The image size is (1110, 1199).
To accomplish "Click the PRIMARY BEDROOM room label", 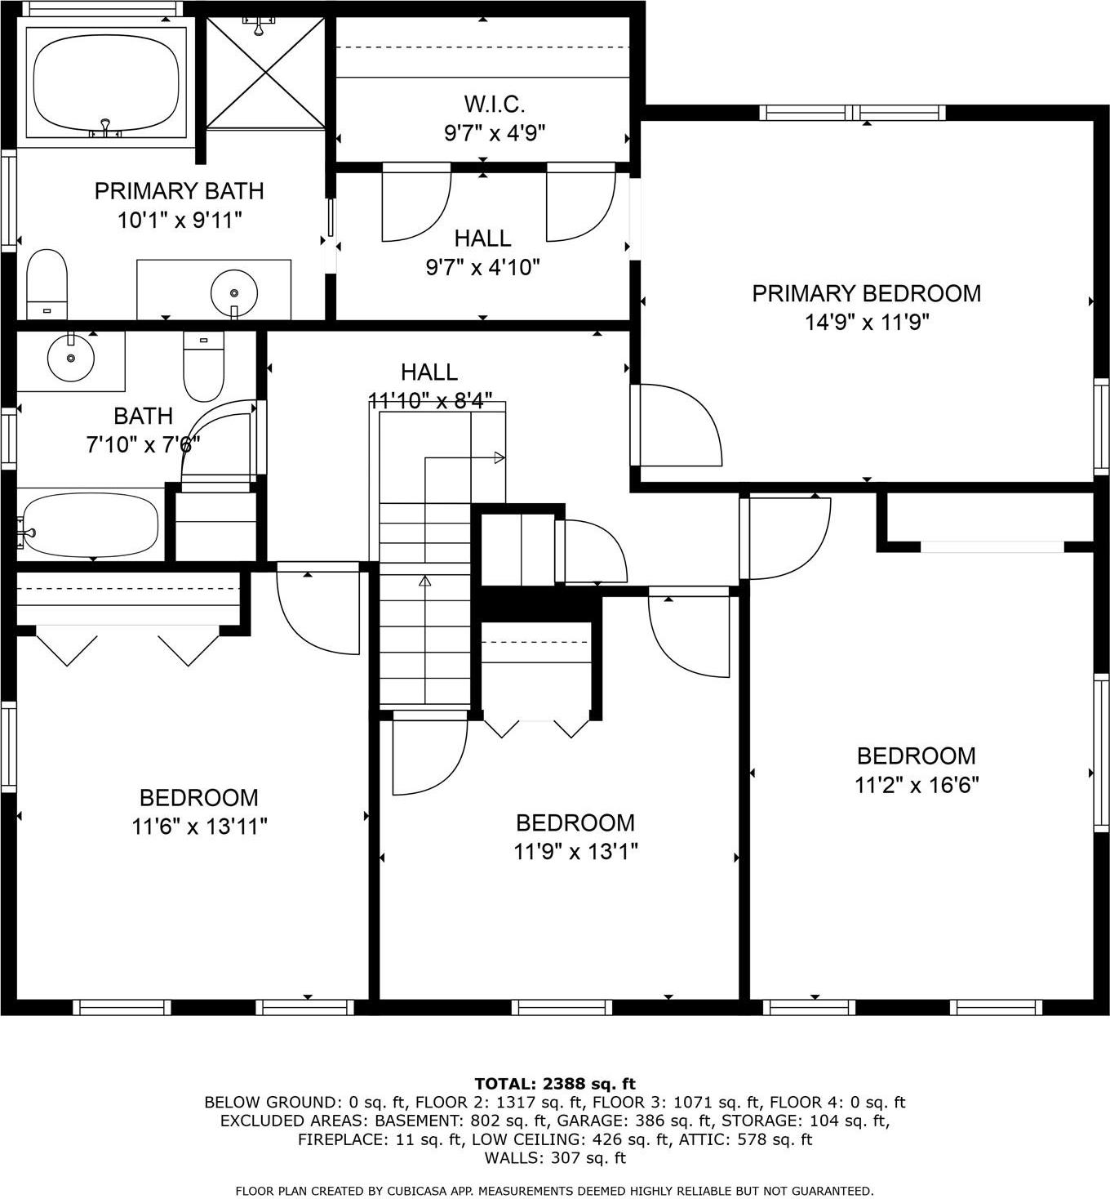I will coord(866,293).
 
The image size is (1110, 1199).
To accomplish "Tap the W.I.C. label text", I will coord(494,104).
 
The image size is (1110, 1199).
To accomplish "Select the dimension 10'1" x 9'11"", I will coord(180,220).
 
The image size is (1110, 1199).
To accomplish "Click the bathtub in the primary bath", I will coord(106,81).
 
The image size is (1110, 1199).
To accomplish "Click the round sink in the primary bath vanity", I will coord(234,292).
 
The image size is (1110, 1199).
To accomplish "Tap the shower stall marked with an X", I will coord(265,73).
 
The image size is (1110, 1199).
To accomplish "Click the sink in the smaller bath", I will coord(71,357).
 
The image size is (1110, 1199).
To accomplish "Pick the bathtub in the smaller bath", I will coord(90,524).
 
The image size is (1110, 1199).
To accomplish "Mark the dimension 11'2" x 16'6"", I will coord(917,785).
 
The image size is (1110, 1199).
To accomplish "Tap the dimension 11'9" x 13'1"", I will coord(575,852).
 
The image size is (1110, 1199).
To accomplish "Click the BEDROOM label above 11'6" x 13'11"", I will coord(198,797).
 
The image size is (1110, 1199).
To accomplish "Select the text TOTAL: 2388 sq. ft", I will coord(554,1084).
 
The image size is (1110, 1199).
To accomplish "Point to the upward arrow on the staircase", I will coord(424,582).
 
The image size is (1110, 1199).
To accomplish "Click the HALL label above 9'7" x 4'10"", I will coord(482,238).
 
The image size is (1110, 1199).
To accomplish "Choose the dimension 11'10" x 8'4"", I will coord(430,401).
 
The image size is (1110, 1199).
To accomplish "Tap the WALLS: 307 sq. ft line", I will coord(554,1157).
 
